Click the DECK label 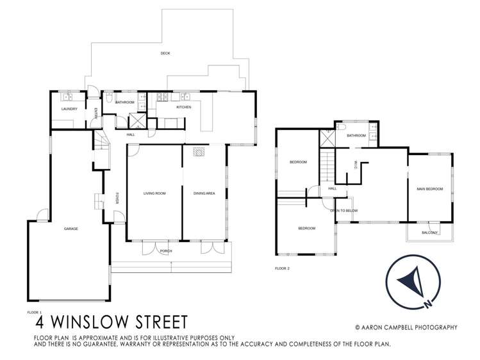click(x=165, y=54)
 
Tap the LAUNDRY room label click(x=69, y=109)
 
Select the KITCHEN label click(x=183, y=107)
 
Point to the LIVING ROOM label click(x=154, y=193)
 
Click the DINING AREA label click(x=204, y=193)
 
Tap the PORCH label click(x=165, y=250)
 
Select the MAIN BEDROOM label click(x=429, y=188)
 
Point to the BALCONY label click(x=429, y=233)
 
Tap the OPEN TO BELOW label click(x=343, y=211)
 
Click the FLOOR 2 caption click(x=282, y=268)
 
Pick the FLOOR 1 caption click(x=34, y=312)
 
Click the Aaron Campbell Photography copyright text click(x=406, y=327)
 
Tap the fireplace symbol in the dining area click(x=199, y=153)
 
